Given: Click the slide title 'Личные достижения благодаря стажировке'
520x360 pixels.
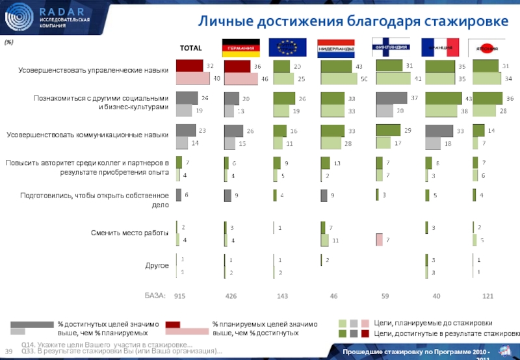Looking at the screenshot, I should (x=353, y=21).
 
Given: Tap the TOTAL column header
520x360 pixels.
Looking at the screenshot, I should (x=190, y=47).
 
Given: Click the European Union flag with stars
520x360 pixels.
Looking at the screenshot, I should (x=287, y=47).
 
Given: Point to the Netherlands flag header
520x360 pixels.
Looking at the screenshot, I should (x=336, y=48).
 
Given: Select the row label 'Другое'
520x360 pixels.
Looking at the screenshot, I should (x=157, y=265).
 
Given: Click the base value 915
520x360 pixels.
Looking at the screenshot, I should (x=180, y=296).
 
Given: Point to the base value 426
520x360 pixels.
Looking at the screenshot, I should (x=231, y=296).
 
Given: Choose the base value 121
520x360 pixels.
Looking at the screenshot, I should (x=487, y=296).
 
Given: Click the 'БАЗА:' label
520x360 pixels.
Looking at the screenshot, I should (x=155, y=296).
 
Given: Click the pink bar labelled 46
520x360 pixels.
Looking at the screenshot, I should (x=240, y=79).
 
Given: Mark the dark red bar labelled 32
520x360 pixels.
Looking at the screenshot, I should (x=190, y=66).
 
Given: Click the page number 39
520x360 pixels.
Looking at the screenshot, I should (x=10, y=352).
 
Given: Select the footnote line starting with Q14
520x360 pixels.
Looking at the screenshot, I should (x=107, y=344).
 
